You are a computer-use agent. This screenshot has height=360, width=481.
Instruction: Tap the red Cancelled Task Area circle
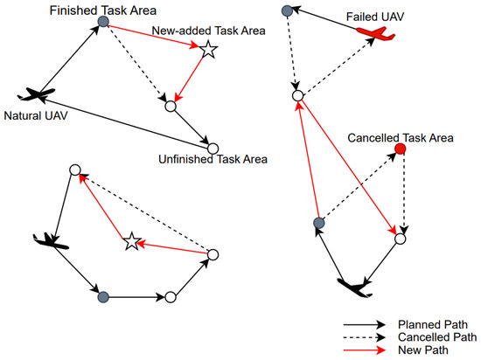pyautogui.click(x=401, y=150)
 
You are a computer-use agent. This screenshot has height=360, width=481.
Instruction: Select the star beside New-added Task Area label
pyautogui.click(x=207, y=51)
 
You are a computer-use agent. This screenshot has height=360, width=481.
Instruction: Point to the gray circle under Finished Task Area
pyautogui.click(x=103, y=23)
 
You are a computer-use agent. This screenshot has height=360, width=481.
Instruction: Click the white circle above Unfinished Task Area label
pyautogui.click(x=213, y=147)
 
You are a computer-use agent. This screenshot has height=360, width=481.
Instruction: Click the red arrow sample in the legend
pyautogui.click(x=364, y=348)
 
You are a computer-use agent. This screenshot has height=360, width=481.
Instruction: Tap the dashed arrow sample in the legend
pyautogui.click(x=364, y=335)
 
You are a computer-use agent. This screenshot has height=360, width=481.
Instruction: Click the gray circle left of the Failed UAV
pyautogui.click(x=288, y=10)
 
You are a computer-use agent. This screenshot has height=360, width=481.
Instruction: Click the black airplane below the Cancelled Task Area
pyautogui.click(x=357, y=286)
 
